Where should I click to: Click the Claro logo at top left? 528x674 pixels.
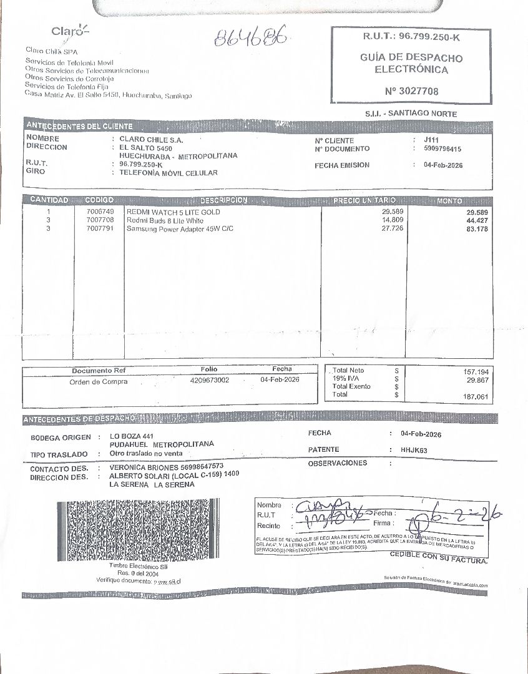pyautogui.click(x=70, y=31)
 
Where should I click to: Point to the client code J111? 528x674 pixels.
pyautogui.click(x=431, y=140)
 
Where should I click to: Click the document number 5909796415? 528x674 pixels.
pyautogui.click(x=442, y=149)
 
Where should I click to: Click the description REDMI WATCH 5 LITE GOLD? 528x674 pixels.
pyautogui.click(x=174, y=213)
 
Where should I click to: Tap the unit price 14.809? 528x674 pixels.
pyautogui.click(x=393, y=221)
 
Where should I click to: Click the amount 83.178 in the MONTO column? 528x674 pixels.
pyautogui.click(x=477, y=229)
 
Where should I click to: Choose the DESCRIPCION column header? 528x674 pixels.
pyautogui.click(x=223, y=200)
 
